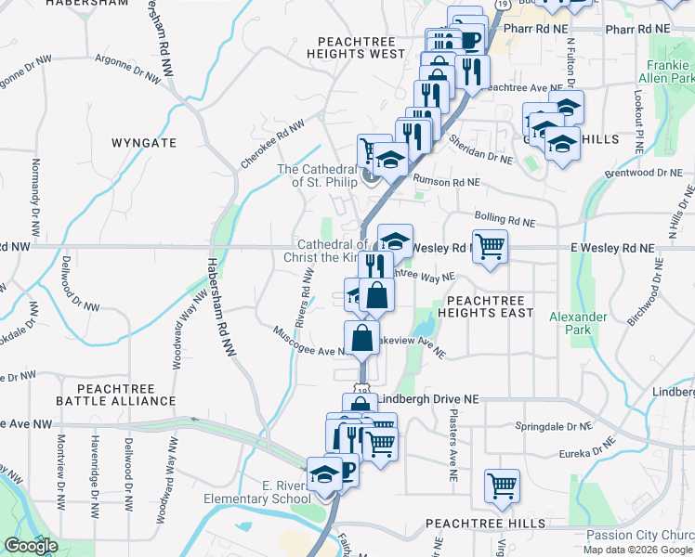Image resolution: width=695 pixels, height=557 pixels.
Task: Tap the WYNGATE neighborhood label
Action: [143, 143]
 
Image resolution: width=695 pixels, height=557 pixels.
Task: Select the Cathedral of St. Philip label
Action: [318, 175]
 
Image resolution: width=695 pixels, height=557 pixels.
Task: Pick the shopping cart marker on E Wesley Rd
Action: [490, 247]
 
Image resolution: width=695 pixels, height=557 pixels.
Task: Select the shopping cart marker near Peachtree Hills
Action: [502, 485]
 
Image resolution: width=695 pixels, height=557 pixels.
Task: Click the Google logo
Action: [31, 547]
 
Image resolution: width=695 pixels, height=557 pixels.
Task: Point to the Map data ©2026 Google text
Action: [638, 550]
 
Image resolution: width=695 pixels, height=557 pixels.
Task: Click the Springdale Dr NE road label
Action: [552, 426]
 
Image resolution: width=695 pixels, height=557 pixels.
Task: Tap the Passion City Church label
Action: [640, 535]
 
